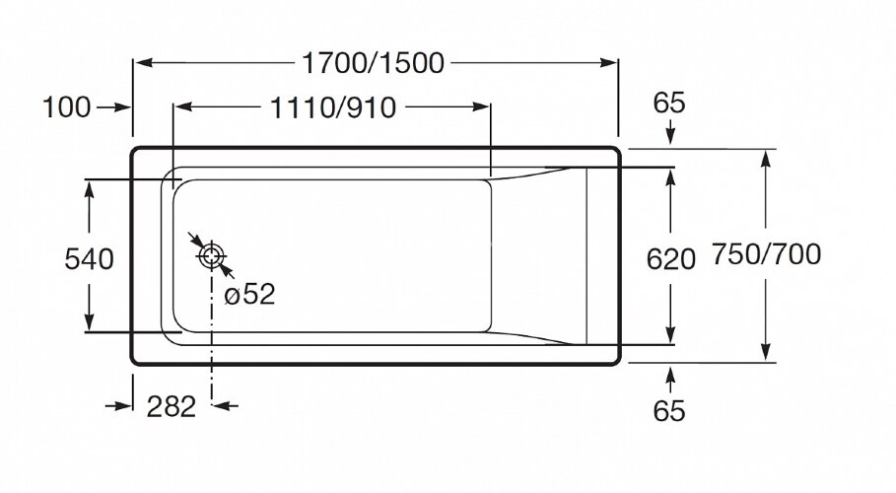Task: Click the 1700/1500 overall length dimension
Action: pos(374,63)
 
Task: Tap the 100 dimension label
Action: pos(66,107)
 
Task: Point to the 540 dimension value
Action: pos(89,259)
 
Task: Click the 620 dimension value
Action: pos(670,259)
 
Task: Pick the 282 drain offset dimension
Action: pos(172,405)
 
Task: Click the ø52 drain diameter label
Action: pos(249,294)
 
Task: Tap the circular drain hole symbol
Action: pos(211,256)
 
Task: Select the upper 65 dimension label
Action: pos(669,103)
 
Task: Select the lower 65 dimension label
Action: pos(669,410)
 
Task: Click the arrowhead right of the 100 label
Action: pos(124,107)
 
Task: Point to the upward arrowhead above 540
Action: pos(90,188)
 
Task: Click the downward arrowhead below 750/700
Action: pos(765,355)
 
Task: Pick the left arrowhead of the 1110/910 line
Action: pos(181,107)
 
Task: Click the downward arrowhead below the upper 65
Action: pos(670,137)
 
